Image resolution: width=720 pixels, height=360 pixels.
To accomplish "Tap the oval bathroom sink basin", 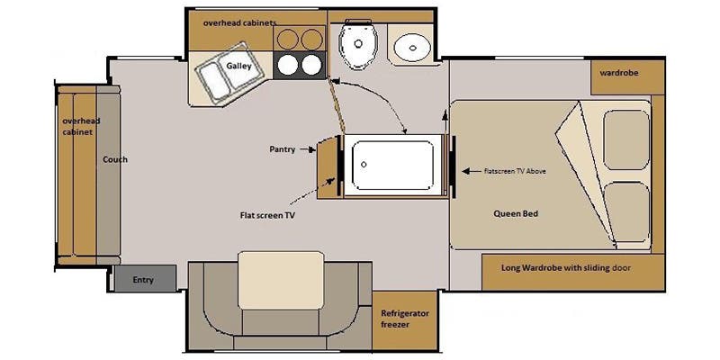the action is coord(412,48).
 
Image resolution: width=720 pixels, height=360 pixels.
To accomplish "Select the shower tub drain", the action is coord(364,164).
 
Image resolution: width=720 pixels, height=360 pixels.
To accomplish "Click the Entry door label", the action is coord(143,280).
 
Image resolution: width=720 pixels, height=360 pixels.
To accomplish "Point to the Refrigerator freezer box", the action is coord(404,319).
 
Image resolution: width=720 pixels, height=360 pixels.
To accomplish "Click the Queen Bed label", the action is coord(516,213).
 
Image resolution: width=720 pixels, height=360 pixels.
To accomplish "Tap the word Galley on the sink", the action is coord(238,66).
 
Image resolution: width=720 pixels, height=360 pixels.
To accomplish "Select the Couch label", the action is coord(115,159).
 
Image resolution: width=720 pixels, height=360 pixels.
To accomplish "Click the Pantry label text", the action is coord(282,149).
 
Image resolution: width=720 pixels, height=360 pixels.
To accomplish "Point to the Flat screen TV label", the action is coord(266,215).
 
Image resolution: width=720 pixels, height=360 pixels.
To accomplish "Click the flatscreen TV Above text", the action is coord(515,171).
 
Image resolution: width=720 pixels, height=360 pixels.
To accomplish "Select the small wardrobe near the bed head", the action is coord(627,76).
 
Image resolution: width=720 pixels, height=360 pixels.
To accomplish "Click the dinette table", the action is coord(281,280).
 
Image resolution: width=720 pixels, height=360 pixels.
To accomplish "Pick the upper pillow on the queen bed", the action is coord(626,139).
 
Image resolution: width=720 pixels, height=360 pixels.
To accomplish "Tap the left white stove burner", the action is coord(287,65).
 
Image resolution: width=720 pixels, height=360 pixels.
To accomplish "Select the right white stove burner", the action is coord(311,65).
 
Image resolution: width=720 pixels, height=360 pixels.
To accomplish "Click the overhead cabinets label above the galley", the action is coord(234,22).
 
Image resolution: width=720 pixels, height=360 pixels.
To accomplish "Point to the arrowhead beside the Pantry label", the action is coord(311,149).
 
